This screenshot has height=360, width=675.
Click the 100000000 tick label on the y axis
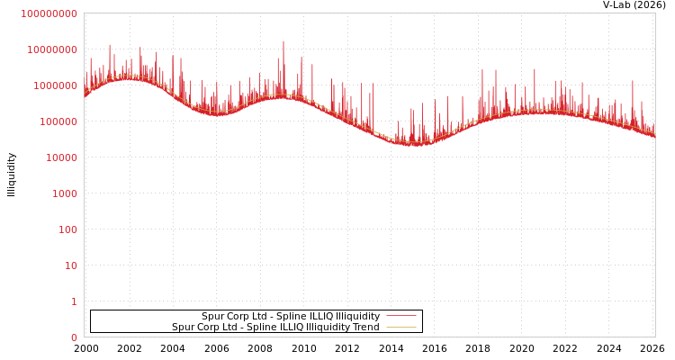[49, 13]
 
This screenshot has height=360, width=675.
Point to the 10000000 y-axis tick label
[52, 49]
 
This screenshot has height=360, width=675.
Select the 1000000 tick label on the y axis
[55, 85]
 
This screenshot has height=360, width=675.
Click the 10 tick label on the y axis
[70, 265]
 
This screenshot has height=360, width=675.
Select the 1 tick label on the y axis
[74, 301]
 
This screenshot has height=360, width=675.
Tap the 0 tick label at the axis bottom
[74, 337]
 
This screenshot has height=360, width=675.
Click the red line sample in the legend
[401, 316]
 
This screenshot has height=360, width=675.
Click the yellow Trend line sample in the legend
[401, 327]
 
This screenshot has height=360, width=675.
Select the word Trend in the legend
[365, 328]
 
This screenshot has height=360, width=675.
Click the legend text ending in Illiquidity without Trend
[291, 317]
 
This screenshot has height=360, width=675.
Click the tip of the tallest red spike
[283, 41]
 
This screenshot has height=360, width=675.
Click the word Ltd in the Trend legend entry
[232, 328]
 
